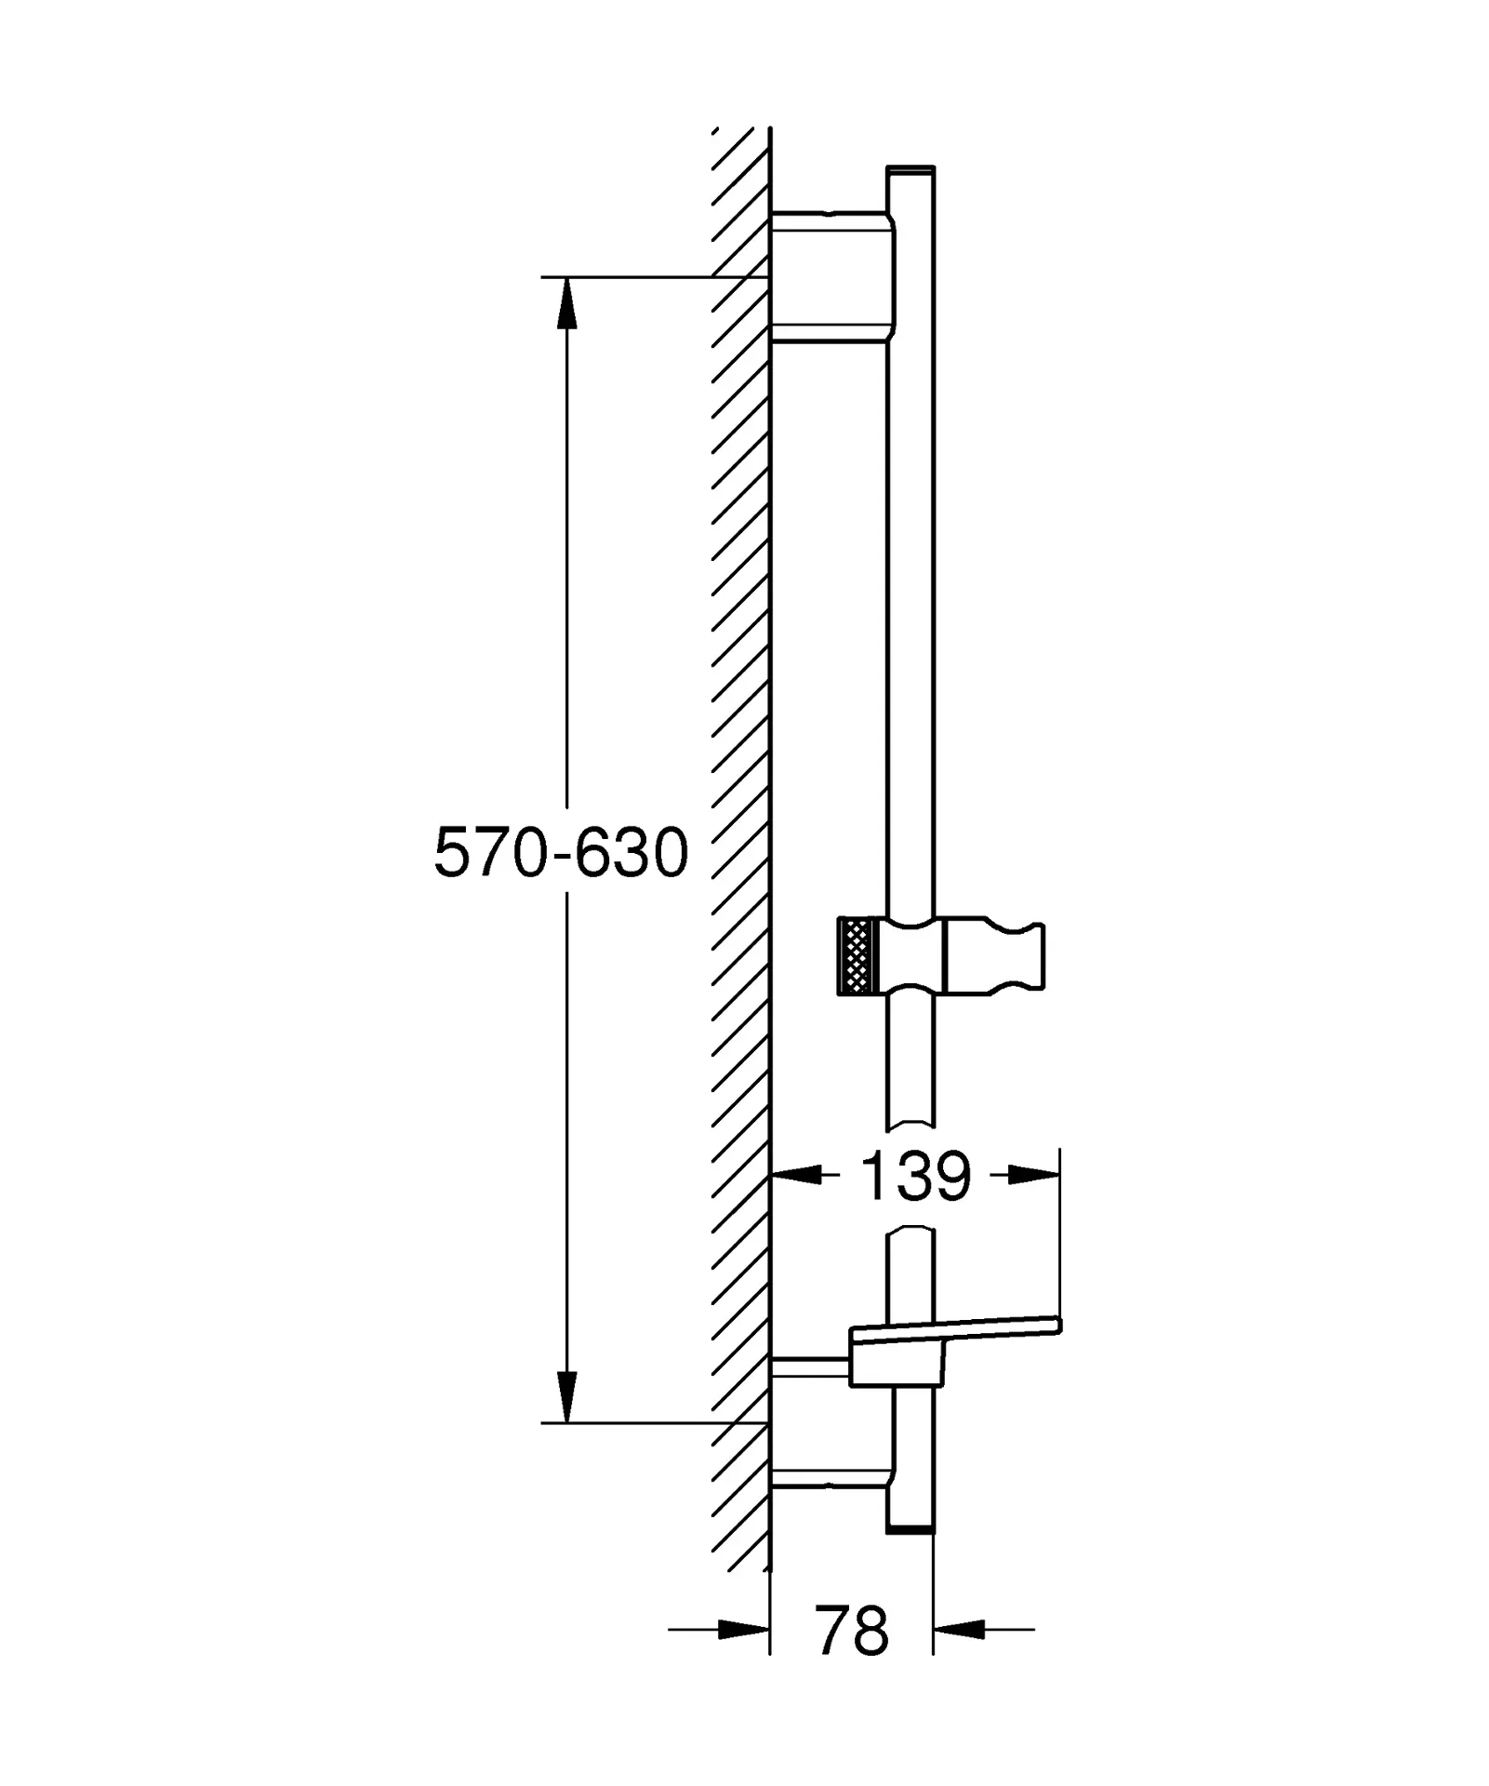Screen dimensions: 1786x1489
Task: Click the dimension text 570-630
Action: (x=561, y=853)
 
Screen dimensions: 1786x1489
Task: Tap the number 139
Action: (x=915, y=1176)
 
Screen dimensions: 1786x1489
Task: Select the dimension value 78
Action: (x=852, y=1630)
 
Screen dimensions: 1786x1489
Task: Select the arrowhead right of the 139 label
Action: (x=1033, y=1176)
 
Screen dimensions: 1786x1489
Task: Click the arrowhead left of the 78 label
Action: (x=744, y=1629)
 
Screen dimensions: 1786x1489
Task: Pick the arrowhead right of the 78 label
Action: (x=959, y=1629)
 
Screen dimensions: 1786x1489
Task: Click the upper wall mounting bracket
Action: (x=832, y=276)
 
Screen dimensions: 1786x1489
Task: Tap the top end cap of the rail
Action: (x=911, y=171)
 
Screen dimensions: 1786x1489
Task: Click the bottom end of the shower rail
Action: (x=911, y=1530)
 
